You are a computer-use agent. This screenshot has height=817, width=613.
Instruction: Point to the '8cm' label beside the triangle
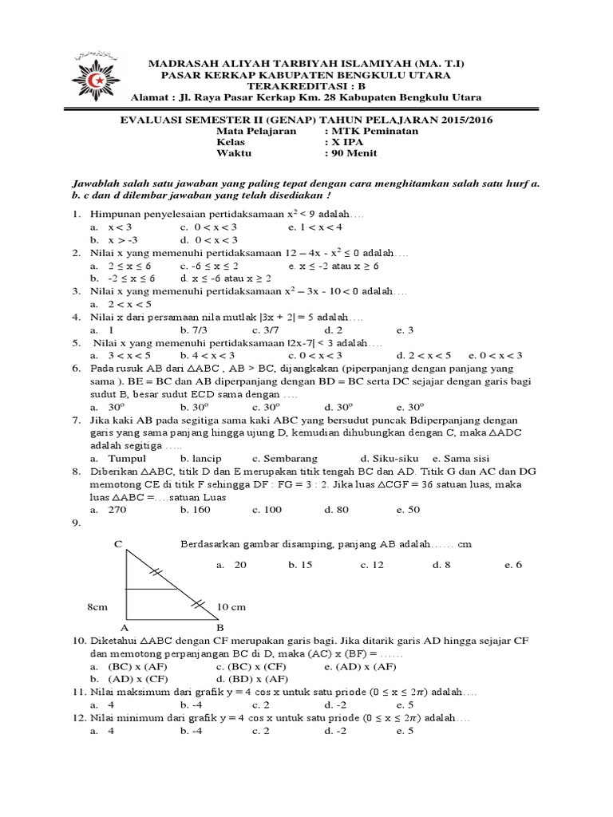(97, 607)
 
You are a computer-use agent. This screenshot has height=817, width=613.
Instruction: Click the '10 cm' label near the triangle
(231, 607)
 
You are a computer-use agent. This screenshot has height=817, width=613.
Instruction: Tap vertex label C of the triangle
(117, 544)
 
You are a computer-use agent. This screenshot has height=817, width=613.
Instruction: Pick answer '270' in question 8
(119, 510)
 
